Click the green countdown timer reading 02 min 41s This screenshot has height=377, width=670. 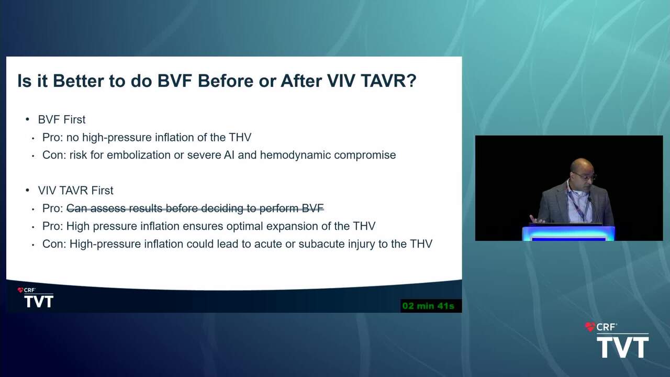[x=428, y=306]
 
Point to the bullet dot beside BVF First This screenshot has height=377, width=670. [x=28, y=119]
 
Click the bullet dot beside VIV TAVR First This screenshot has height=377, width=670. [x=28, y=190]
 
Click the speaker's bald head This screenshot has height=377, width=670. [x=582, y=165]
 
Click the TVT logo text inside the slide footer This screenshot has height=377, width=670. [x=39, y=301]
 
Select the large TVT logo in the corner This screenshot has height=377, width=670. [x=623, y=347]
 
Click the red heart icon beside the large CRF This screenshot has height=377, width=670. [x=590, y=327]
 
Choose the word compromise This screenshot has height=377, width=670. [x=365, y=156]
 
